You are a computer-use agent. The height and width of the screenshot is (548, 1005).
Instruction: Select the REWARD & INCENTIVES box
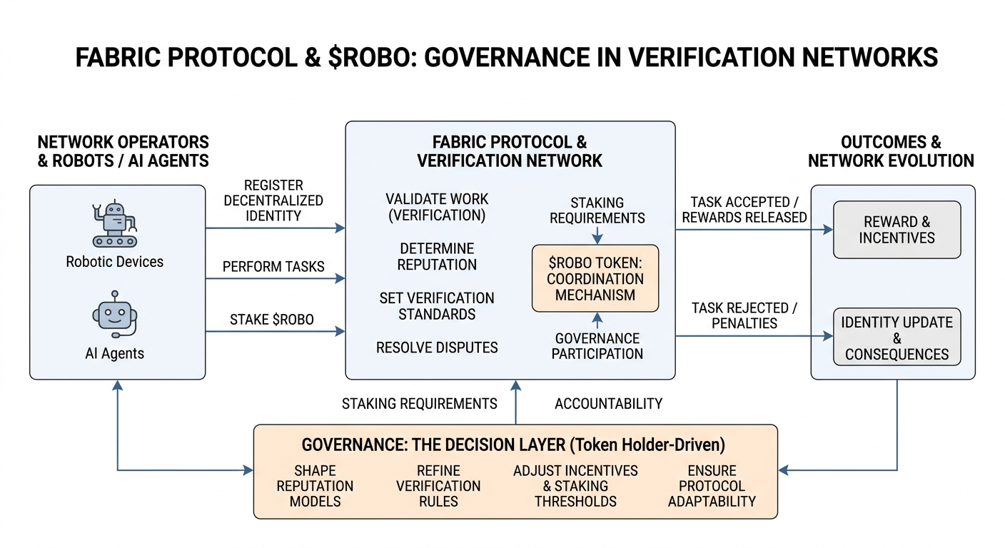pos(897,230)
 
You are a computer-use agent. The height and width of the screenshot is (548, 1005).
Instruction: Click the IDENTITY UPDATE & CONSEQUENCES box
pos(897,338)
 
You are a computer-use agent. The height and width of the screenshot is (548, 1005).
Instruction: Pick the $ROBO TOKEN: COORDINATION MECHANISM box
pos(595,278)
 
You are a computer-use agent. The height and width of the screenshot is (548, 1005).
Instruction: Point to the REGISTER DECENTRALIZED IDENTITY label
pos(273,200)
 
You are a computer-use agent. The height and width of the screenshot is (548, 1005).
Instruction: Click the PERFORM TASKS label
pos(273,267)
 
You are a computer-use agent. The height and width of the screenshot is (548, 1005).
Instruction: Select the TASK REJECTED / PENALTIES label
pos(744,315)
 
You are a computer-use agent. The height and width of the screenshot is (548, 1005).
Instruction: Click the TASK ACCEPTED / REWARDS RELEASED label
pos(744,210)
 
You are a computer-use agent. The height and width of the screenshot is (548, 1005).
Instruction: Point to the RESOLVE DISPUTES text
pos(437,347)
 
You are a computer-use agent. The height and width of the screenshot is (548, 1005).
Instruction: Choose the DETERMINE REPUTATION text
pos(438,256)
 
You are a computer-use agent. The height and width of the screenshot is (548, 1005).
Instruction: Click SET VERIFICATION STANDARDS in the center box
pos(437,306)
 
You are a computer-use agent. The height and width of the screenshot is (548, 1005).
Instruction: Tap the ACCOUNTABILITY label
pos(608,404)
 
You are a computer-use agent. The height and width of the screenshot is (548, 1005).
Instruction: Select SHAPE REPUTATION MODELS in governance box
pos(315,486)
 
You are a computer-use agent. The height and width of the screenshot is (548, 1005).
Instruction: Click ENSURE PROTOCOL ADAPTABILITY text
pos(711,486)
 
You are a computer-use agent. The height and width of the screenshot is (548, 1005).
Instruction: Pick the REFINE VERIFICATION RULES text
pos(438,486)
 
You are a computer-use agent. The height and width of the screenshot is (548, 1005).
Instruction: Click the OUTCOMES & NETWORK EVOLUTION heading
pos(891,151)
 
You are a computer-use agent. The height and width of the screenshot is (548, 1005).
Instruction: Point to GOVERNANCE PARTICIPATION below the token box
pos(597,345)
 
